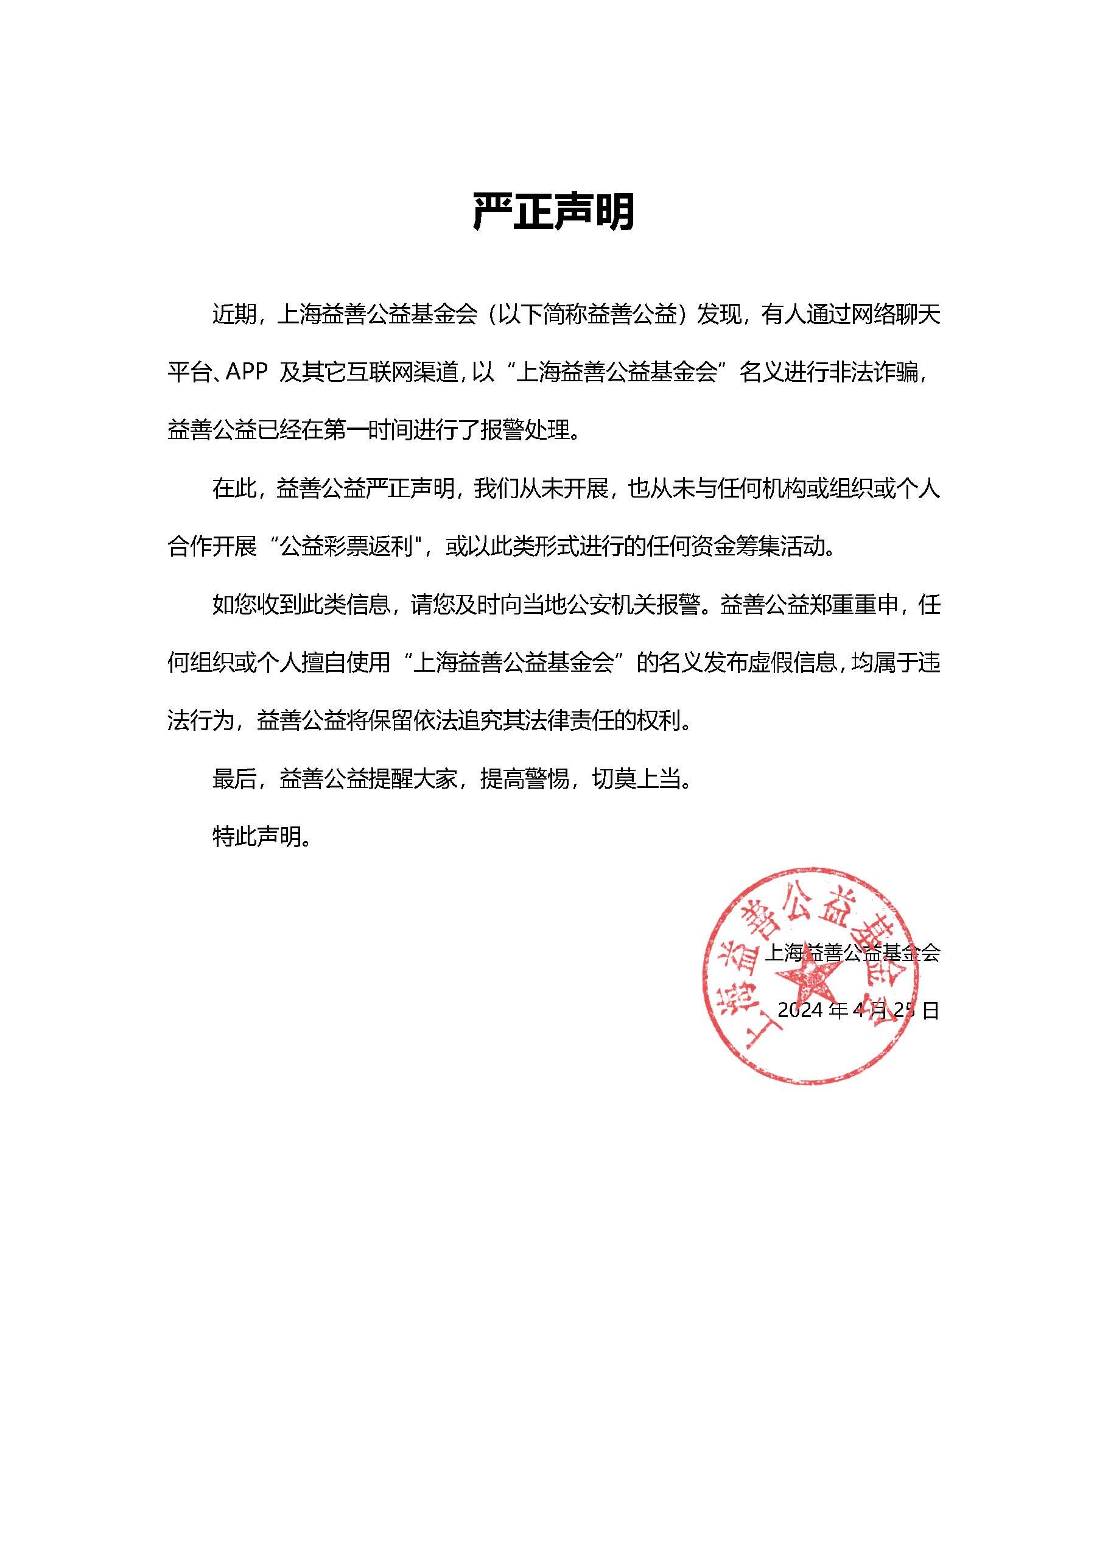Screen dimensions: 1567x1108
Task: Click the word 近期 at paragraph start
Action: [234, 315]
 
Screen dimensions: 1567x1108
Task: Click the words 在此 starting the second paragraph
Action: [234, 488]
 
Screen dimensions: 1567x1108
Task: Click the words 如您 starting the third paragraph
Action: [234, 605]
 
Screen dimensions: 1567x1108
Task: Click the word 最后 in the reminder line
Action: [234, 779]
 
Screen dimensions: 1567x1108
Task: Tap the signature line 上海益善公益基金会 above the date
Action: [852, 953]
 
